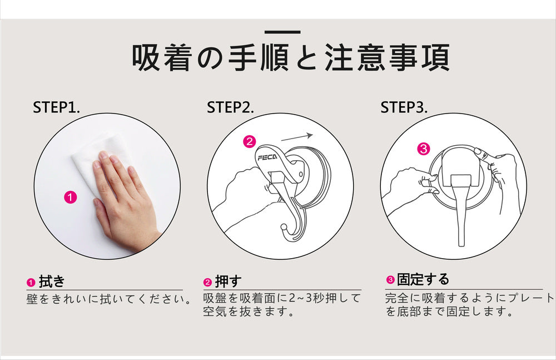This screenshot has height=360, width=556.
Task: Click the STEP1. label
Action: (x=56, y=107)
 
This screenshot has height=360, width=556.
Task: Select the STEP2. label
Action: (x=230, y=107)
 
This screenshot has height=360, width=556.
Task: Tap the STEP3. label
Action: (x=404, y=107)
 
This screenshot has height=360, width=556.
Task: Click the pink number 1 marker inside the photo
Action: (x=71, y=197)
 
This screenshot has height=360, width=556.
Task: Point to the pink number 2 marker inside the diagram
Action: (x=249, y=142)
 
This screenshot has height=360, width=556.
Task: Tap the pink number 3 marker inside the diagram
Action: (x=424, y=149)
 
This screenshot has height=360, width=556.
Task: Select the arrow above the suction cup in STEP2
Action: (x=297, y=137)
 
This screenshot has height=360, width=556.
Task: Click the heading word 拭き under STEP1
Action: (x=52, y=282)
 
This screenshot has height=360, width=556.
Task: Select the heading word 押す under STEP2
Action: (x=228, y=282)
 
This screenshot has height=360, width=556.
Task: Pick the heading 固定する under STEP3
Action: (x=423, y=279)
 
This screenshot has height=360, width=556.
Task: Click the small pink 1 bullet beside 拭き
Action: (x=31, y=283)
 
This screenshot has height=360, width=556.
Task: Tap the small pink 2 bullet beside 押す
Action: (x=207, y=283)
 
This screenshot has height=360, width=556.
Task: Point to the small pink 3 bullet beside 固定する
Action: (x=390, y=280)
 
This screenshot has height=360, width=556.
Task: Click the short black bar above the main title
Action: (x=282, y=32)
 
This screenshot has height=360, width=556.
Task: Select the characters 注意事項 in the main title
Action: (x=387, y=57)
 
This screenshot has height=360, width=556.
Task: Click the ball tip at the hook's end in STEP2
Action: (x=284, y=227)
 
